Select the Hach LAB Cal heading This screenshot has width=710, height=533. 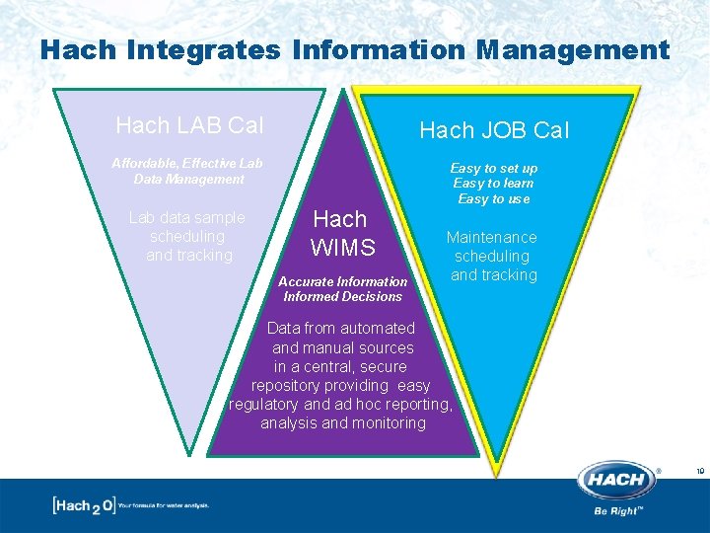[x=189, y=125]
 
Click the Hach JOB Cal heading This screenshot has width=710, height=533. [x=494, y=130]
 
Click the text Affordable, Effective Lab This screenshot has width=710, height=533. [x=187, y=163]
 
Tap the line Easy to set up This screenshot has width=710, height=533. [x=494, y=168]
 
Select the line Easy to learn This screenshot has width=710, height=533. [x=493, y=184]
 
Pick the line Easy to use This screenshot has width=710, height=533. [x=493, y=198]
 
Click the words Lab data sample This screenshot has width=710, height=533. [x=187, y=218]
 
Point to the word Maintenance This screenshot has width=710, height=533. [x=491, y=237]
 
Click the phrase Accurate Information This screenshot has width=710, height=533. [x=342, y=281]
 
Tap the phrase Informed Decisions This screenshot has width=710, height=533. [x=342, y=296]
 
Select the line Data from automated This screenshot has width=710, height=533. [x=342, y=328]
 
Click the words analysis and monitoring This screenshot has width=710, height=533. [x=342, y=423]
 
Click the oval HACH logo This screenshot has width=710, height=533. [x=617, y=481]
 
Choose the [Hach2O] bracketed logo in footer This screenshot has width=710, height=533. [x=83, y=505]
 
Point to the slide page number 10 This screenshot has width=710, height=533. [x=699, y=472]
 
